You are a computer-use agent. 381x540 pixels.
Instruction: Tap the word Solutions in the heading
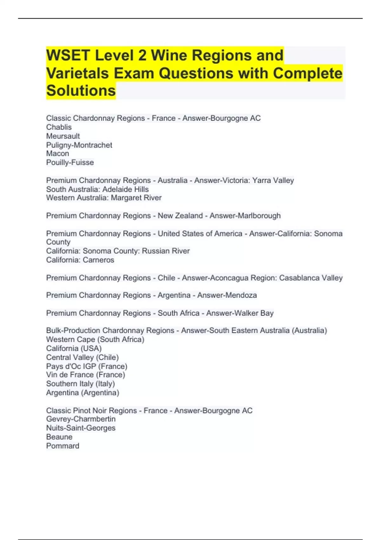click(81, 91)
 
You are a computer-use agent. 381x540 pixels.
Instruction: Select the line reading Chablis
click(59, 127)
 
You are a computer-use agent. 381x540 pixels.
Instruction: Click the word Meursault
click(63, 136)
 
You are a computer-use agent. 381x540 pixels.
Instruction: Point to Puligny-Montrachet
click(79, 145)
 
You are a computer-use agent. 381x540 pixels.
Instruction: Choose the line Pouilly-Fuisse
click(70, 162)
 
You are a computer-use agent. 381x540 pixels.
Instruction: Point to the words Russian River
click(166, 251)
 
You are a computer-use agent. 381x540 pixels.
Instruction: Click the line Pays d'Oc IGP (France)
click(87, 366)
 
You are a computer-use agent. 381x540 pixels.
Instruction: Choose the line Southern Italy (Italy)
click(80, 384)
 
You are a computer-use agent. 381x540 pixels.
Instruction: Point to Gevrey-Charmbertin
click(81, 419)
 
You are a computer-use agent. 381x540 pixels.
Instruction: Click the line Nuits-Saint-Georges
click(81, 428)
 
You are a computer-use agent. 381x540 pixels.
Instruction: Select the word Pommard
click(63, 446)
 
